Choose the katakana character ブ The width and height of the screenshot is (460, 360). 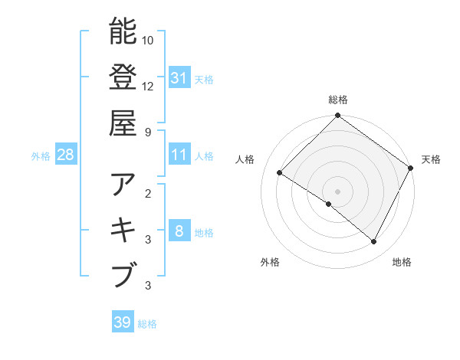123,274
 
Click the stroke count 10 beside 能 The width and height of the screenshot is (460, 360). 149,40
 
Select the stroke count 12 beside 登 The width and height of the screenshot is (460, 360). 149,86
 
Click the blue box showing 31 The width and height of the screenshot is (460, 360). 179,77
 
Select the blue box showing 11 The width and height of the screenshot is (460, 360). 179,155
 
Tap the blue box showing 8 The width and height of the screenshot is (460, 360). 179,232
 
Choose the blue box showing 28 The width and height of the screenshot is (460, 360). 66,155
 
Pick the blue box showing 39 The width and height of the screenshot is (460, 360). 123,322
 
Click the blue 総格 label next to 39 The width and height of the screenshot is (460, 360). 147,324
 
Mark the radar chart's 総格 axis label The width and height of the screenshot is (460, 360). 337,100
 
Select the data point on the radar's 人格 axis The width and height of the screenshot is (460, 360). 280,174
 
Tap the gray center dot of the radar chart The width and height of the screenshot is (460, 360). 337,191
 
